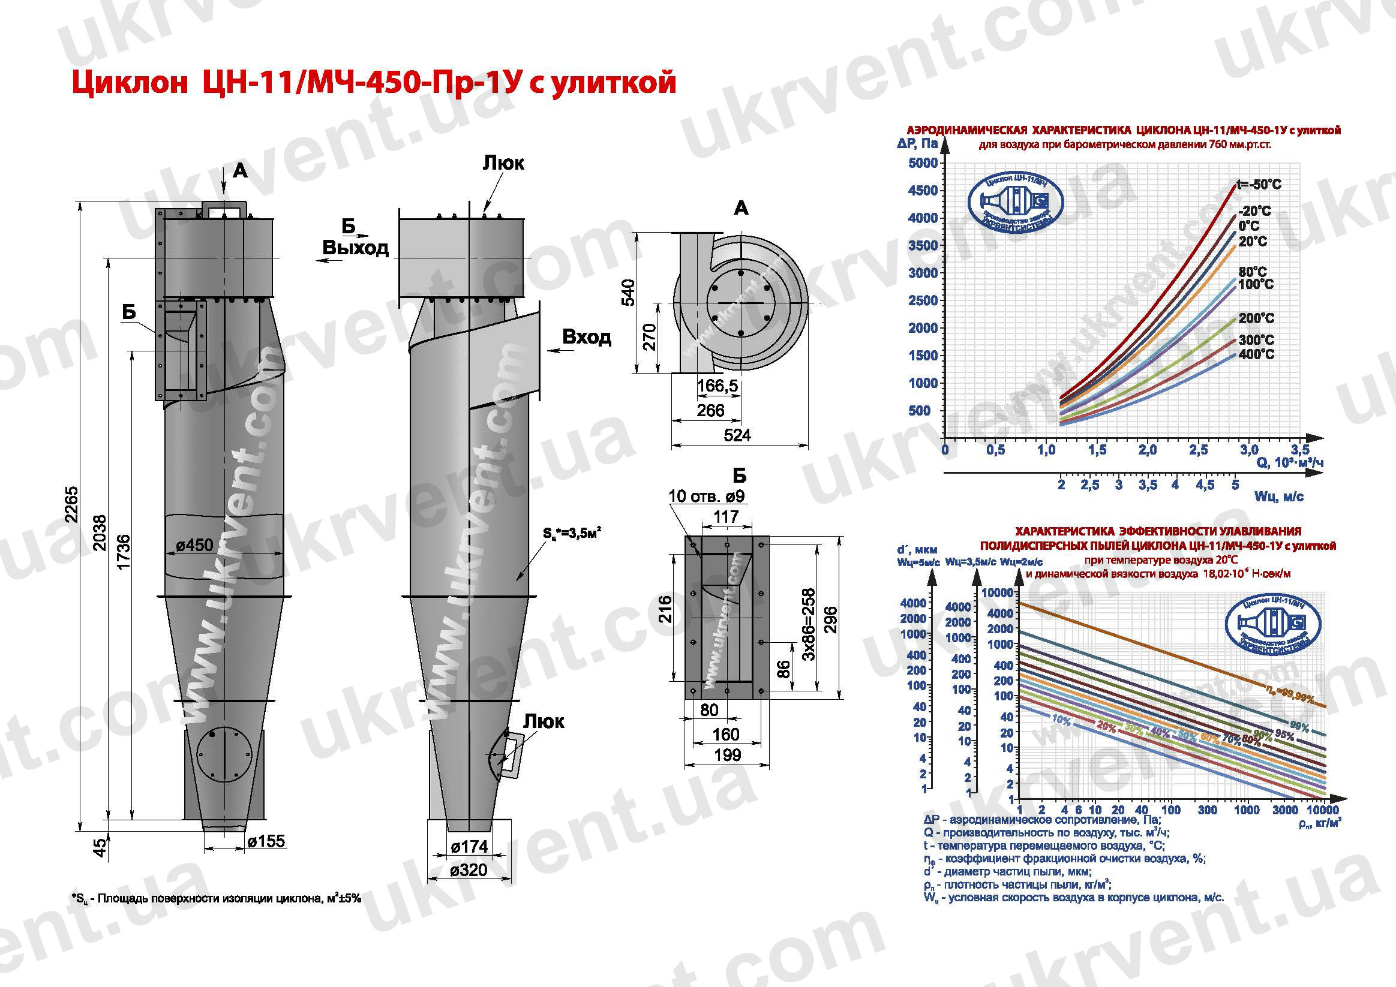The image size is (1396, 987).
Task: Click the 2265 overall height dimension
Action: (x=71, y=504)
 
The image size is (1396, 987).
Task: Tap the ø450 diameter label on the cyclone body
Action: (x=194, y=545)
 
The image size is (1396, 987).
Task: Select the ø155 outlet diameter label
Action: (x=266, y=841)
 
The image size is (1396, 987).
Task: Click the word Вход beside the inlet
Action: (x=586, y=337)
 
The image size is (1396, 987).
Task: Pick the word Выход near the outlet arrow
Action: (x=355, y=248)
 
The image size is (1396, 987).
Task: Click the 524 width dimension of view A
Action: (x=737, y=435)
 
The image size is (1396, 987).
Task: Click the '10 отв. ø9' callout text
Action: (x=707, y=496)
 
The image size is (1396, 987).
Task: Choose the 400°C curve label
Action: (x=1256, y=354)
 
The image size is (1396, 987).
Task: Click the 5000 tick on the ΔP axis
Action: (x=923, y=163)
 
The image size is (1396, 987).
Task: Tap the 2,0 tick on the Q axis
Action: (x=1147, y=450)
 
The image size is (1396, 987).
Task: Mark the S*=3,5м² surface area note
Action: (x=572, y=534)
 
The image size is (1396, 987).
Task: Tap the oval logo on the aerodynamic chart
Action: (x=1015, y=207)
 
